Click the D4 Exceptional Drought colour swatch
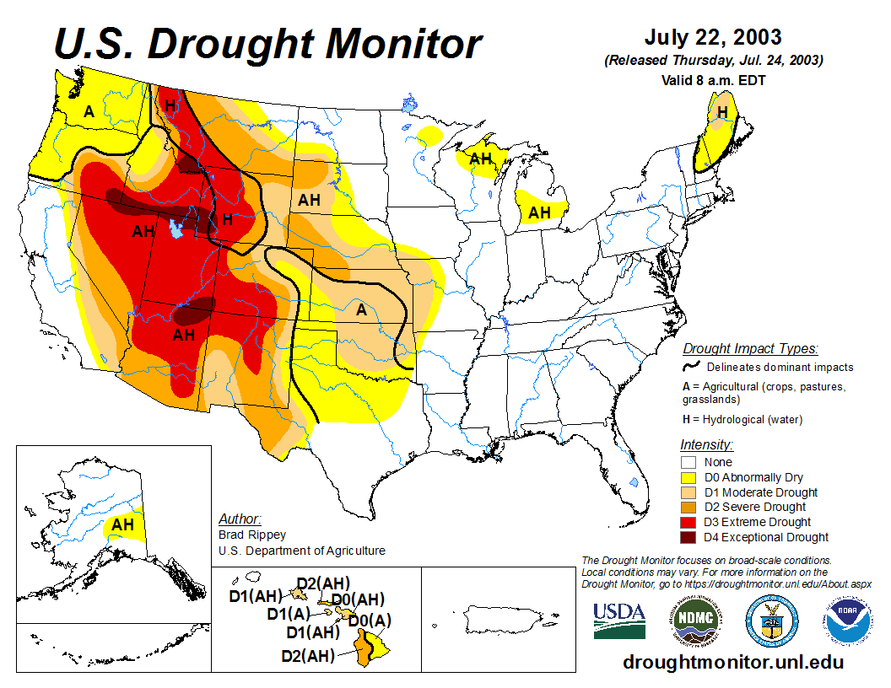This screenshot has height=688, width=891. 689,537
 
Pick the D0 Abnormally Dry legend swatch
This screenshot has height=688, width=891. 689,477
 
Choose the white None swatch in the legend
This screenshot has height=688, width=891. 689,462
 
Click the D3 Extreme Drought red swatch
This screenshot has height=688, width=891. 689,522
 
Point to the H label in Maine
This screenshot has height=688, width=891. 722,111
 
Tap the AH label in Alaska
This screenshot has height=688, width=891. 123,524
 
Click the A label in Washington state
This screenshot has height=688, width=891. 89,111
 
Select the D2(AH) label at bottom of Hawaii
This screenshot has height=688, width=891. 307,655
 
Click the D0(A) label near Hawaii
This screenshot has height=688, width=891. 370,621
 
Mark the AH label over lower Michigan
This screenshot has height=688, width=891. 540,212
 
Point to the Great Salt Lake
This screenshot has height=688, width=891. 176,228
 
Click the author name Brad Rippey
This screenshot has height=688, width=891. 252,535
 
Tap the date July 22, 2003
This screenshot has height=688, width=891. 713,38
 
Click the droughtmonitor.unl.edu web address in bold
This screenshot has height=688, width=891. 733,662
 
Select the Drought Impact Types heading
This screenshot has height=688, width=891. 750,348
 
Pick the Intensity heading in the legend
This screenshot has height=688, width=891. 706,444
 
